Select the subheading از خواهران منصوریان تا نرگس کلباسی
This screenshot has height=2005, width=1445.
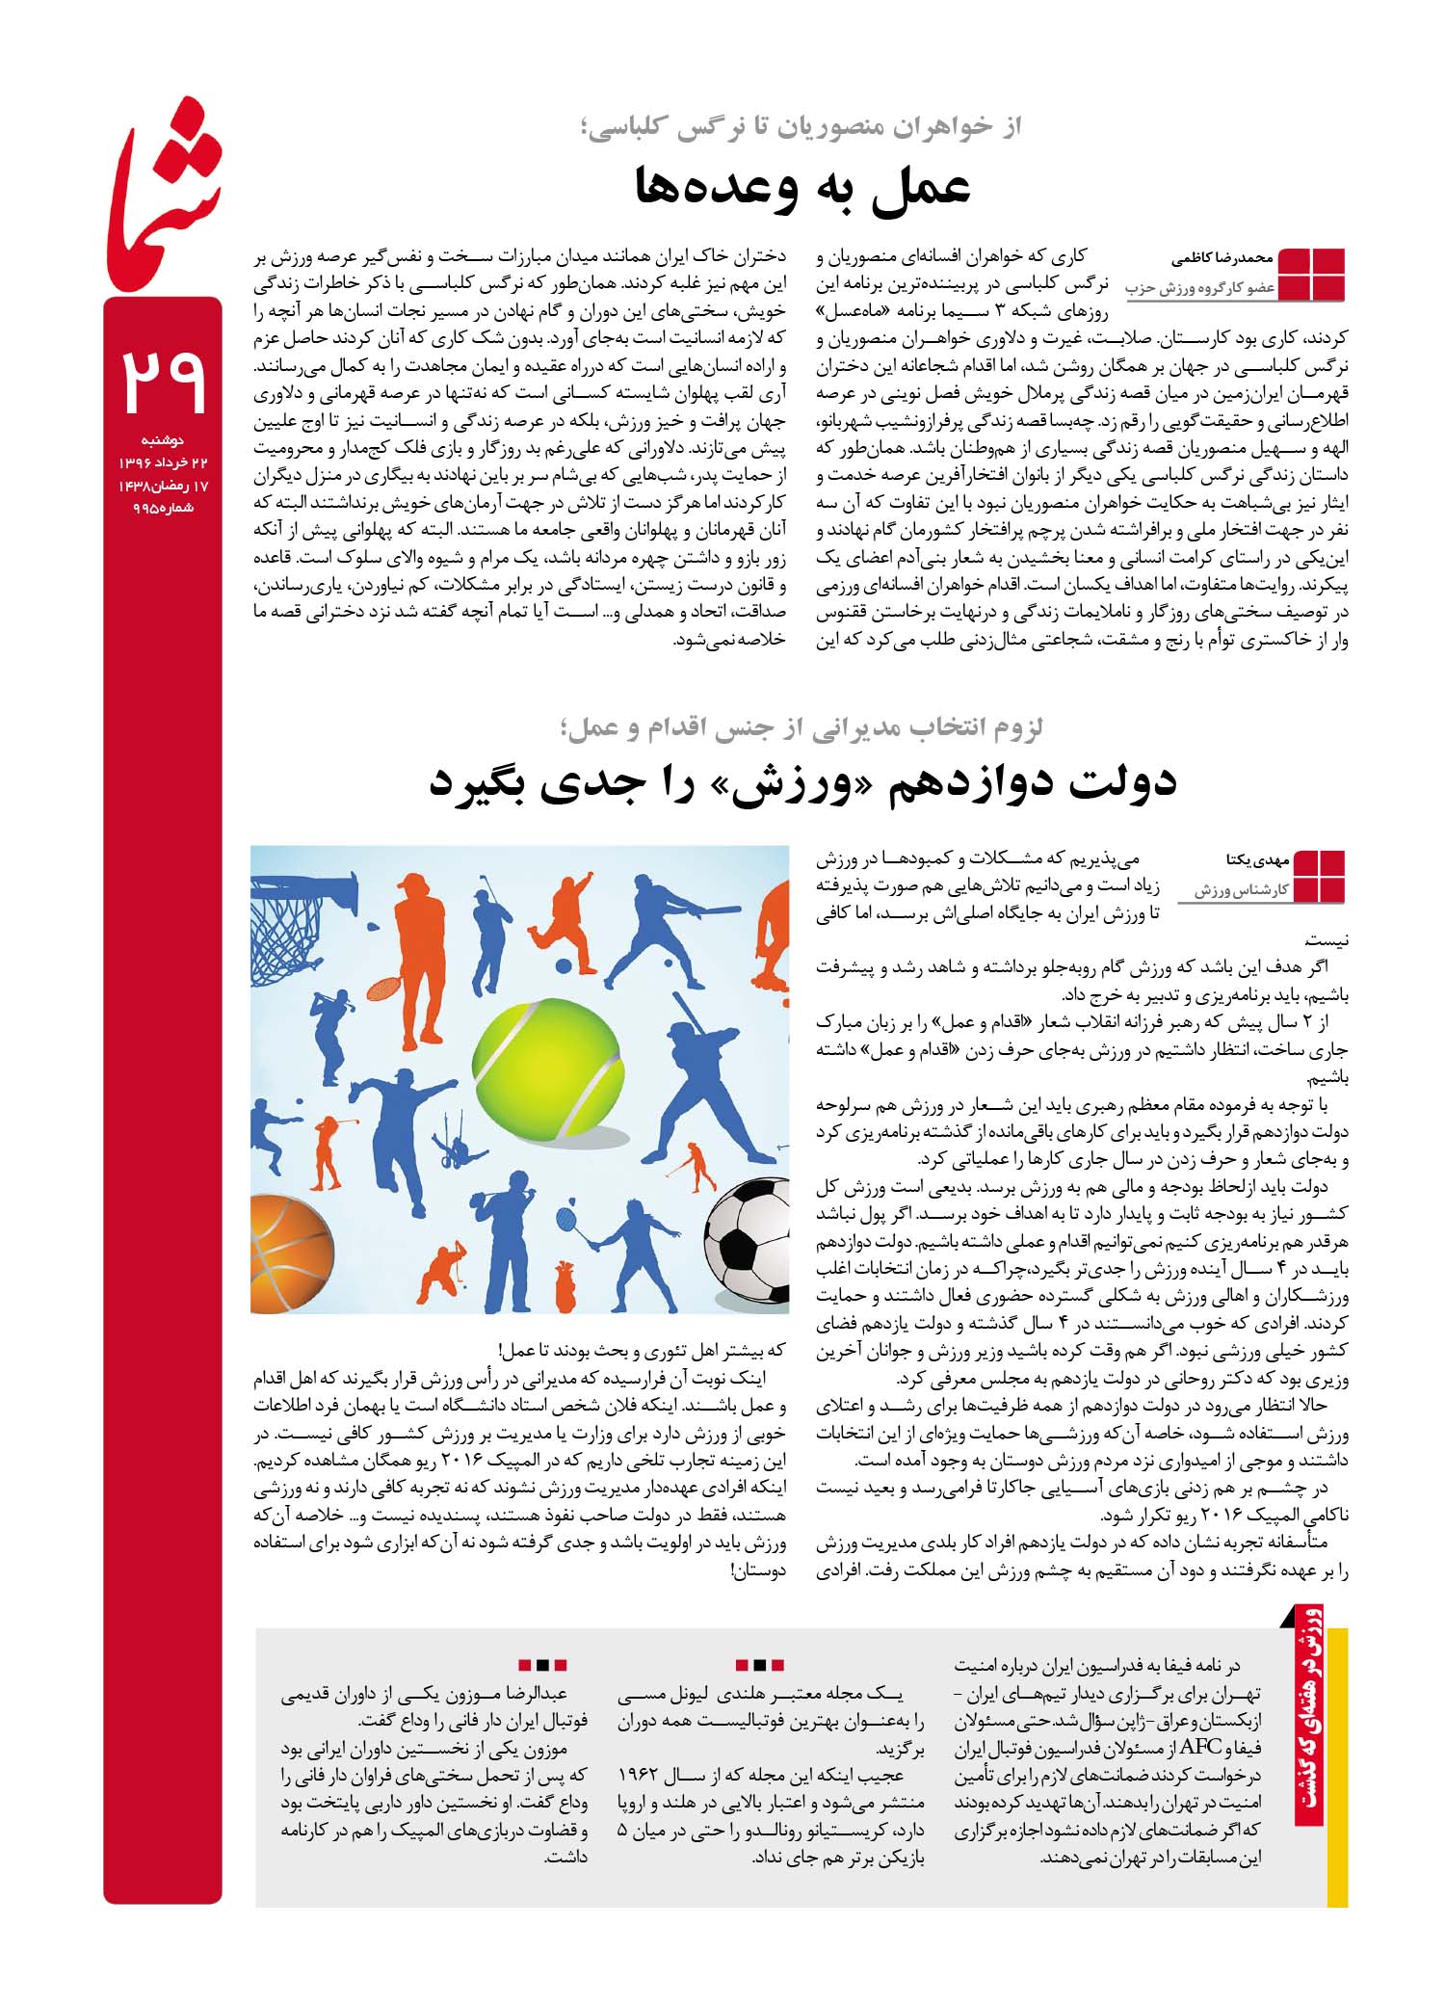click(803, 126)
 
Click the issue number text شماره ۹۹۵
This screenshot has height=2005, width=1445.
click(163, 509)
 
